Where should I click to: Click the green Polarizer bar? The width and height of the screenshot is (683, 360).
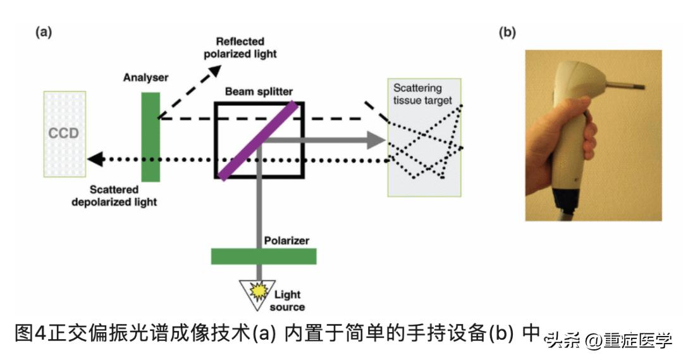pyautogui.click(x=263, y=256)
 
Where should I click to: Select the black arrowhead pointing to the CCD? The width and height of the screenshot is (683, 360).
pyautogui.click(x=95, y=160)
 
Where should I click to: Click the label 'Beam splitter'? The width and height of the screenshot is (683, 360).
pyautogui.click(x=259, y=92)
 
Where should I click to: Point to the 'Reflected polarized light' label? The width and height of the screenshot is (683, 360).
pyautogui.click(x=240, y=47)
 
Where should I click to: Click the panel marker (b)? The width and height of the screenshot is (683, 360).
pyautogui.click(x=508, y=32)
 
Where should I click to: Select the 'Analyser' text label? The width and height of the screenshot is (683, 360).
pyautogui.click(x=145, y=78)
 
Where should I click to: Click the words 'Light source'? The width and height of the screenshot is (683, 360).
pyautogui.click(x=287, y=301)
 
